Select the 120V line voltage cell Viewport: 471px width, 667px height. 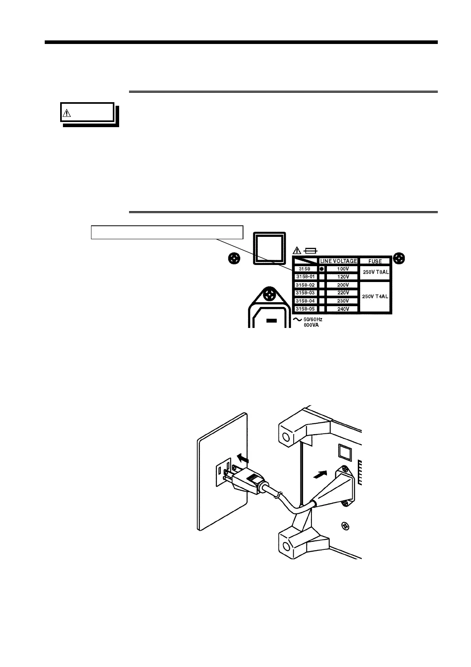coord(343,276)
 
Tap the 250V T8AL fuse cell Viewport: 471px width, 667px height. coord(376,272)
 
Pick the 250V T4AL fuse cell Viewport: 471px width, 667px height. coord(376,296)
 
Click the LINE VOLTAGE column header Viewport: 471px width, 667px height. coord(339,261)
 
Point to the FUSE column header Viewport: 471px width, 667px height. coord(375,261)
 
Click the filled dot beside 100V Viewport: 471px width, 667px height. coord(322,269)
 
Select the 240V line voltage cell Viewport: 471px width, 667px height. coord(343,309)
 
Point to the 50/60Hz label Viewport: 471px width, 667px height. coord(313,319)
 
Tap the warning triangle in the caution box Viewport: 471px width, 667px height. coord(66,114)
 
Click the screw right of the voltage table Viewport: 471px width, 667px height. coord(400,259)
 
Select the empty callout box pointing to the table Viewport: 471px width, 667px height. coord(167,232)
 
